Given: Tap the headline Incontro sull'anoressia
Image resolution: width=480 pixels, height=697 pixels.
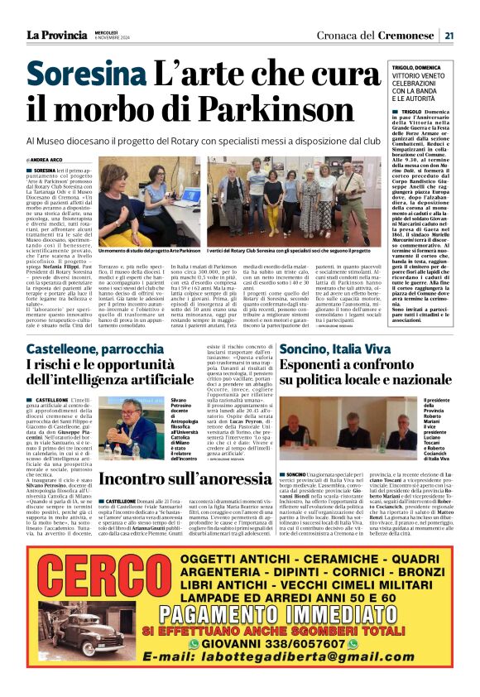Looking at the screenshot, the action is click(180, 480).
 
